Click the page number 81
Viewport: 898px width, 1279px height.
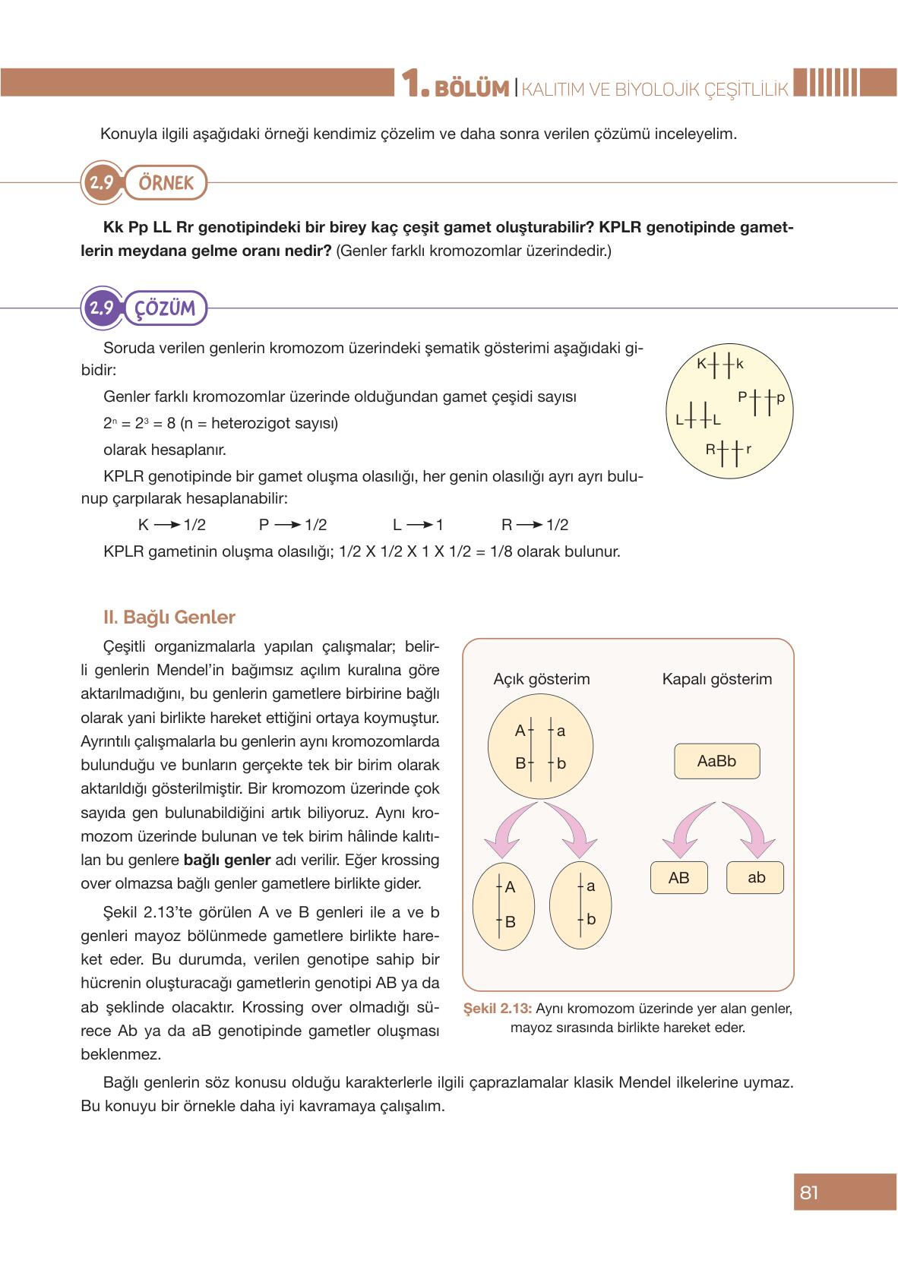click(809, 1192)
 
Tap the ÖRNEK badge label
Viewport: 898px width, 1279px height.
click(166, 183)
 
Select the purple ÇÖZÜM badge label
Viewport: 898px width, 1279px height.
click(165, 308)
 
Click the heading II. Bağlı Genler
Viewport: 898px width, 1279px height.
click(169, 617)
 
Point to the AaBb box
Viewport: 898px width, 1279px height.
click(716, 761)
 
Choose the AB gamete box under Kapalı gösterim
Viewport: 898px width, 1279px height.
click(678, 878)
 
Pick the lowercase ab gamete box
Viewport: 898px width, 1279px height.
click(756, 878)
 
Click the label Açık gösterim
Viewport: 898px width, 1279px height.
click(541, 679)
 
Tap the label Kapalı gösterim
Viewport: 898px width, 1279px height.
click(716, 679)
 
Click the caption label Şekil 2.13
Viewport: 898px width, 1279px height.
click(496, 1009)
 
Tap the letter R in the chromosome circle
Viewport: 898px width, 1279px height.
click(710, 449)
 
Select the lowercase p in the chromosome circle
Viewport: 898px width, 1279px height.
click(780, 396)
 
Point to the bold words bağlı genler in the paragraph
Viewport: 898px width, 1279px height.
click(227, 861)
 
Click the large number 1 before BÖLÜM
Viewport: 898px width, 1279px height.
click(411, 85)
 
